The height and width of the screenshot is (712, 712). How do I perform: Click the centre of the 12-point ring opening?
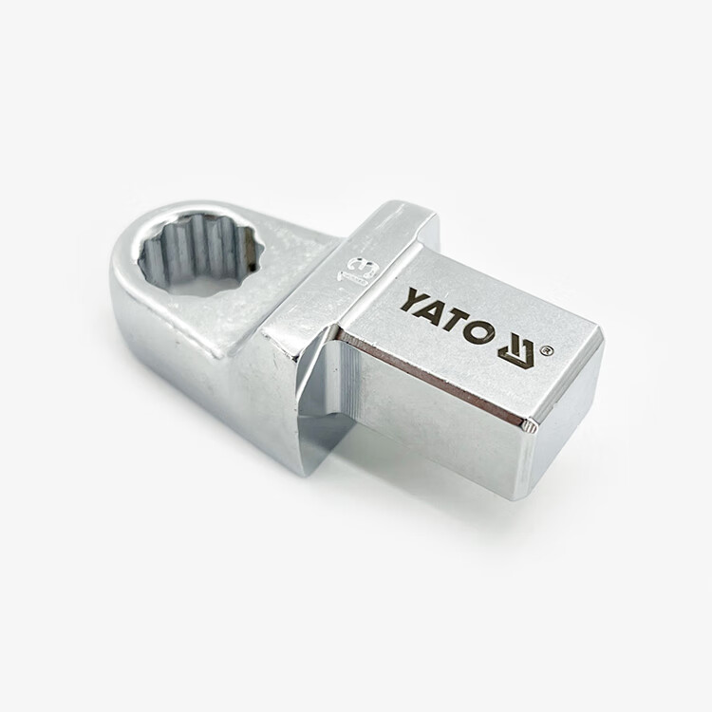pyautogui.click(x=197, y=256)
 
